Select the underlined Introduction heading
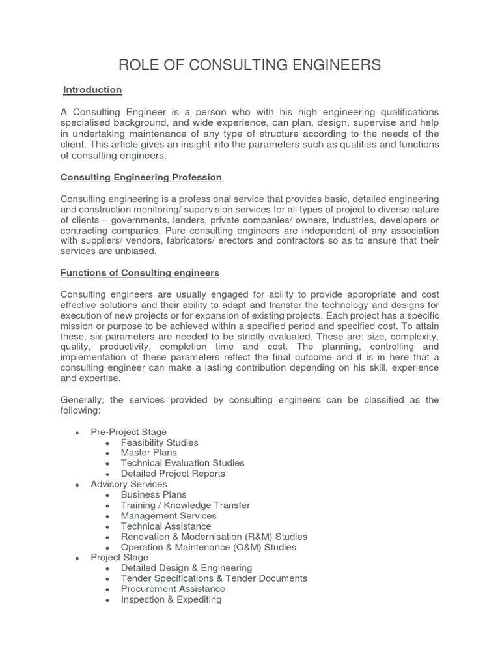[x=92, y=89]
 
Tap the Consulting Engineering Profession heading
[x=141, y=177]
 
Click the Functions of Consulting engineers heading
[x=140, y=272]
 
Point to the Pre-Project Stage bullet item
[x=129, y=432]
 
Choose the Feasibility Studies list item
[x=160, y=442]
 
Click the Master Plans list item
[x=148, y=453]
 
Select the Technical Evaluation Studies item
[x=182, y=463]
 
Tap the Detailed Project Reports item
[x=173, y=474]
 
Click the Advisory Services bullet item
[x=129, y=484]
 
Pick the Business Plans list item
[x=154, y=494]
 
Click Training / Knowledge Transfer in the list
[x=185, y=505]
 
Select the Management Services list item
[x=169, y=515]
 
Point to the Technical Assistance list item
[x=166, y=526]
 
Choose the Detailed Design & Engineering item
[x=186, y=568]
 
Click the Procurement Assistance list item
[x=173, y=589]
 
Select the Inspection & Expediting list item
[x=171, y=599]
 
